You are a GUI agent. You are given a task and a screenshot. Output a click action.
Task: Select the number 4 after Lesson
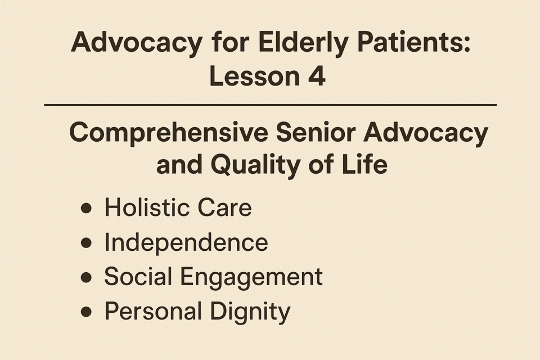317,76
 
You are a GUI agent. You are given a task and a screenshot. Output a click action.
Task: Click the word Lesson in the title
254,76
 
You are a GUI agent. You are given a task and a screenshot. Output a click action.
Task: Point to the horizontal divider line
271,105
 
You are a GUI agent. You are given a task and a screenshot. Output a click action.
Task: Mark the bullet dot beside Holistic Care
86,208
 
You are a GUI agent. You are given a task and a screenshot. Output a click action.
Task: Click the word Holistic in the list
147,208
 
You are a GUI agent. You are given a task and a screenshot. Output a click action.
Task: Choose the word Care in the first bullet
224,208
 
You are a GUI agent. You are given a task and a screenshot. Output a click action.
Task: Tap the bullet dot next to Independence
86,243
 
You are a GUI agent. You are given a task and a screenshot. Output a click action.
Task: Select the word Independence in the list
186,242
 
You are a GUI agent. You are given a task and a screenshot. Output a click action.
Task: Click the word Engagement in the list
251,277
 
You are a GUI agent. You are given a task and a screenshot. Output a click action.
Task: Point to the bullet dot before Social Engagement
86,277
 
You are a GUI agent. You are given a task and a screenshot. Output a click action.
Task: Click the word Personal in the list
153,311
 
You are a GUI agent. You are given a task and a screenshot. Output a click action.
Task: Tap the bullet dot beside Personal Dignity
86,312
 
